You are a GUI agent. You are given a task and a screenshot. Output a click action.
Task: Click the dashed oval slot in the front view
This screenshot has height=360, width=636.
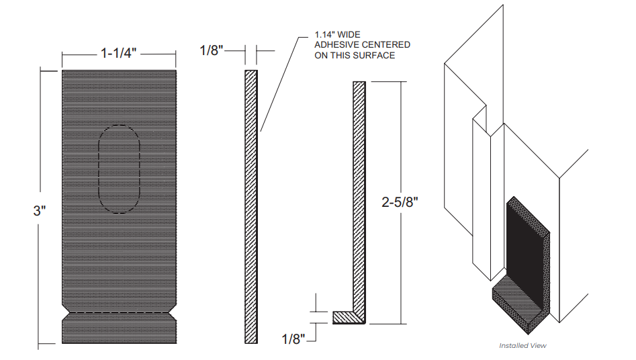[119, 169]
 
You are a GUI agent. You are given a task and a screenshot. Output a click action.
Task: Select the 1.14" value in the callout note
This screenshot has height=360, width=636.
[326, 34]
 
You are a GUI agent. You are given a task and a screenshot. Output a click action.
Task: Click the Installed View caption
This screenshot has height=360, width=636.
[523, 345]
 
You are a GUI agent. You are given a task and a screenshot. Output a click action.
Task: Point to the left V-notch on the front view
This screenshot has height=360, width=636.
[65, 314]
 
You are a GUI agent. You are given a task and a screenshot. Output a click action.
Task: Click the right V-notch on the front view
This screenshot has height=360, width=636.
[173, 314]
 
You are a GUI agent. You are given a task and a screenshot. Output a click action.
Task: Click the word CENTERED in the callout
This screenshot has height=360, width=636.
[387, 44]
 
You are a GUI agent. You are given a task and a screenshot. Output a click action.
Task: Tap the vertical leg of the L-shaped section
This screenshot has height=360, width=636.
[359, 195]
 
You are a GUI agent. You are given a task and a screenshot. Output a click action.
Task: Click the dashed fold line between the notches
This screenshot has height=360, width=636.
[119, 314]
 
